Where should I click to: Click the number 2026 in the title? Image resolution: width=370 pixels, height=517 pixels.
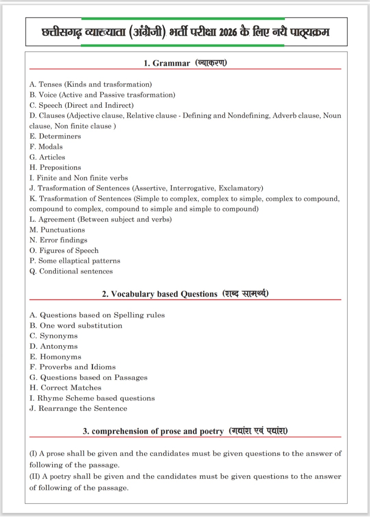pyautogui.click(x=228, y=33)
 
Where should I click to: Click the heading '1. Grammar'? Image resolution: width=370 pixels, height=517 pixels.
pyautogui.click(x=166, y=63)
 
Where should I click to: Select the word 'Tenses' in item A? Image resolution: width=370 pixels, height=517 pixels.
pyautogui.click(x=50, y=84)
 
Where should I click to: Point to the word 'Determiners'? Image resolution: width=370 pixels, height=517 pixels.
pyautogui.click(x=60, y=136)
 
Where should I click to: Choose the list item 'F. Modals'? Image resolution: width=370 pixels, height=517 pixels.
pyautogui.click(x=46, y=147)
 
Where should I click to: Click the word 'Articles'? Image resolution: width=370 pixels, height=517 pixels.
pyautogui.click(x=52, y=157)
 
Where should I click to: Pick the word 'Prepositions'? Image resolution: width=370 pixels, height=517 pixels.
pyautogui.click(x=60, y=168)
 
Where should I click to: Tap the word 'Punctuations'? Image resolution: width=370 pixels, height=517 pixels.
pyautogui.click(x=63, y=230)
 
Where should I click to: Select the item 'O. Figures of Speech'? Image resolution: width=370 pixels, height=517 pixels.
pyautogui.click(x=64, y=251)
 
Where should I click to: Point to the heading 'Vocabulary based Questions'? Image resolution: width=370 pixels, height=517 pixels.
pyautogui.click(x=164, y=294)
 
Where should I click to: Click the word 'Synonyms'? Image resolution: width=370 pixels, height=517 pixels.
pyautogui.click(x=59, y=336)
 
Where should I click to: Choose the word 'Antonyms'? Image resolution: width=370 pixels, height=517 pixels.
pyautogui.click(x=59, y=346)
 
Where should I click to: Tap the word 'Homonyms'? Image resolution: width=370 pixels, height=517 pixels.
pyautogui.click(x=61, y=357)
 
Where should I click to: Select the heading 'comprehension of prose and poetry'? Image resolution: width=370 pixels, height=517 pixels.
pyautogui.click(x=158, y=432)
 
